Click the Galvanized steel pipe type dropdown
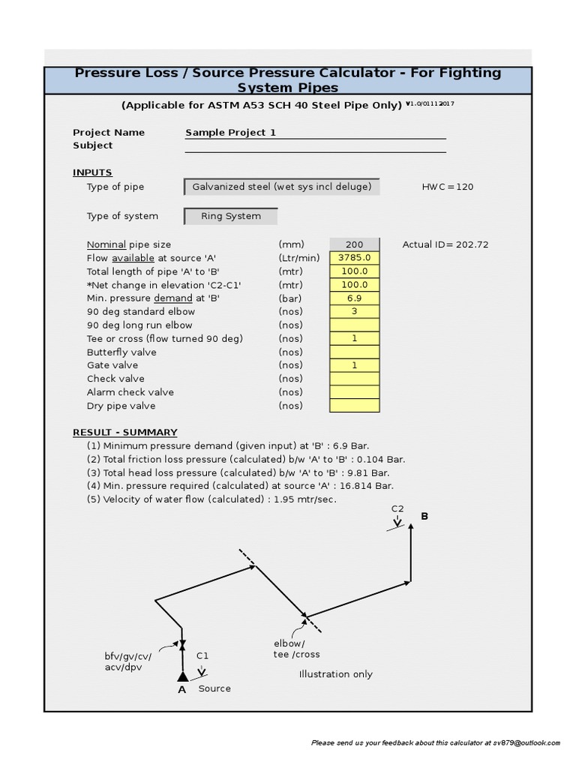281,187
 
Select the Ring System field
231,216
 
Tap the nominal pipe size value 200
354,244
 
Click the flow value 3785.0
354,258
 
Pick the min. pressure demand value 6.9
354,298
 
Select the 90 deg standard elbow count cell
354,312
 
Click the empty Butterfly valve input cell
354,352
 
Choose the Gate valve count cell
354,365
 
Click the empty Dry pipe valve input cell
354,406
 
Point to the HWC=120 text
448,187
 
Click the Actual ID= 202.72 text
445,244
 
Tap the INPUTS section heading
92,172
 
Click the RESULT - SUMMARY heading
124,433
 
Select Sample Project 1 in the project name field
231,133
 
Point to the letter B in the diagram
424,517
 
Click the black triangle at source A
182,676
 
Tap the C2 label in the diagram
397,508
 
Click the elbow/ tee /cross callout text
296,649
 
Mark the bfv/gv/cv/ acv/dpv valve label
127,661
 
